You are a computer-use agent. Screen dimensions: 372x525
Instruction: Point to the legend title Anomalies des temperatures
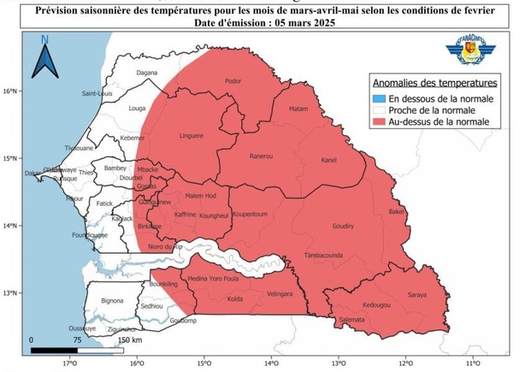(x=434, y=84)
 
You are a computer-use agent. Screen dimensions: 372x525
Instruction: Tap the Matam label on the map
(x=298, y=109)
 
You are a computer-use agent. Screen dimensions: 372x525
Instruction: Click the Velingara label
(x=280, y=293)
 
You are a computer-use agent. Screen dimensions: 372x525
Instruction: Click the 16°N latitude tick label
(x=10, y=90)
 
